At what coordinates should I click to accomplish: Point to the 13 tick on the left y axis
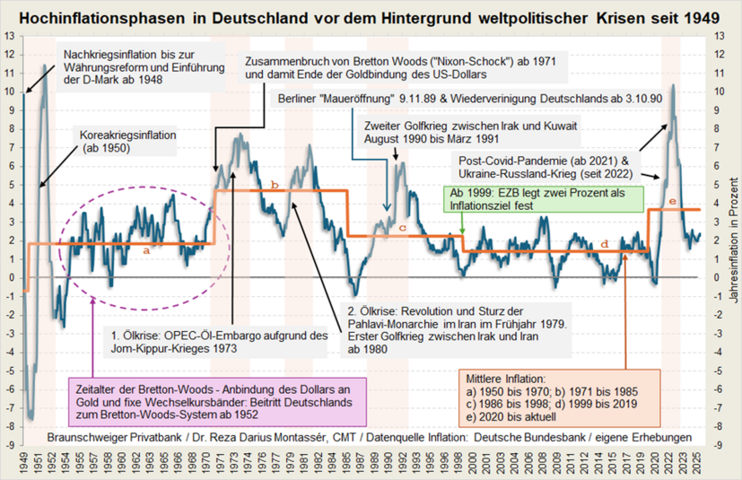[9, 36]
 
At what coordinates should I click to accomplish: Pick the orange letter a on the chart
[146, 251]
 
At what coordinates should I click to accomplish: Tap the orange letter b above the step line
[275, 185]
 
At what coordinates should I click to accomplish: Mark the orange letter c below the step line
[402, 229]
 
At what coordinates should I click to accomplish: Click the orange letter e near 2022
[673, 201]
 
